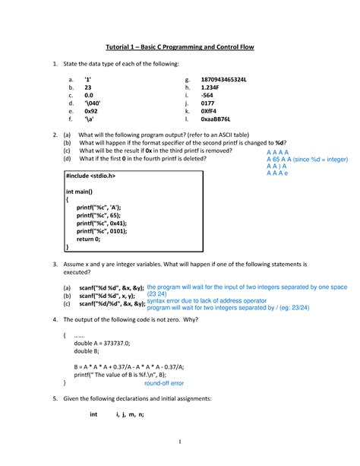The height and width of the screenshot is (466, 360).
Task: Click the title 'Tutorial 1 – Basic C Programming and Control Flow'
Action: pos(179,47)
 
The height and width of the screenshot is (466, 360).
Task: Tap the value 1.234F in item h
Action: pos(213,90)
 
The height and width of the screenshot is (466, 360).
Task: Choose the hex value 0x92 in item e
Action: pos(92,109)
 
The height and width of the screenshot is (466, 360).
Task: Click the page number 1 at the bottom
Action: pos(180,443)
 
